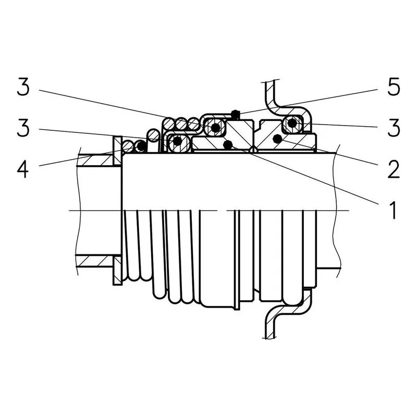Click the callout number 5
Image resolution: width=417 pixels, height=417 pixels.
coord(394,87)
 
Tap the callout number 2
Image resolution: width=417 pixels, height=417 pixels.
coord(394,169)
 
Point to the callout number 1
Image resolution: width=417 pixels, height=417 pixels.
coord(393,210)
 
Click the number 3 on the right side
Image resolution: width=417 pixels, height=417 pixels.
coord(394,128)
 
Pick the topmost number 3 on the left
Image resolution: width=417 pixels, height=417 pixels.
coord(23,87)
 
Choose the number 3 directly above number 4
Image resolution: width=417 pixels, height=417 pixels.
coord(23,128)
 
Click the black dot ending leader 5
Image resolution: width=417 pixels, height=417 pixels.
coord(235,114)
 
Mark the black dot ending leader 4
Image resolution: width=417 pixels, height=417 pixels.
coord(141,146)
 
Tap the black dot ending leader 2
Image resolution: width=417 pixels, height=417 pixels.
coord(277,139)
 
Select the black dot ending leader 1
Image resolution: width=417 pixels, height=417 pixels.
coord(228,145)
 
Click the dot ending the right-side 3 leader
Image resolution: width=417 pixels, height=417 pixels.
coord(292,123)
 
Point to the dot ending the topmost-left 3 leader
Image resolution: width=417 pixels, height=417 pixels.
coord(215,128)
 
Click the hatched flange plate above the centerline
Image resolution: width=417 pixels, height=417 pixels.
coord(117,151)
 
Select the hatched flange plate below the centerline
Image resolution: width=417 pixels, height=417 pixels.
coord(117,270)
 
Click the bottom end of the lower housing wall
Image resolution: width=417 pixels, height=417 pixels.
coord(270,338)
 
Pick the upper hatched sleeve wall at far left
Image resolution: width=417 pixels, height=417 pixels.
coord(96,161)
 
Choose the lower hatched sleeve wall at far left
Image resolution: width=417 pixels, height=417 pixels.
coord(96,261)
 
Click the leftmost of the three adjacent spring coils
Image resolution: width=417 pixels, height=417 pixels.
coord(169,124)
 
